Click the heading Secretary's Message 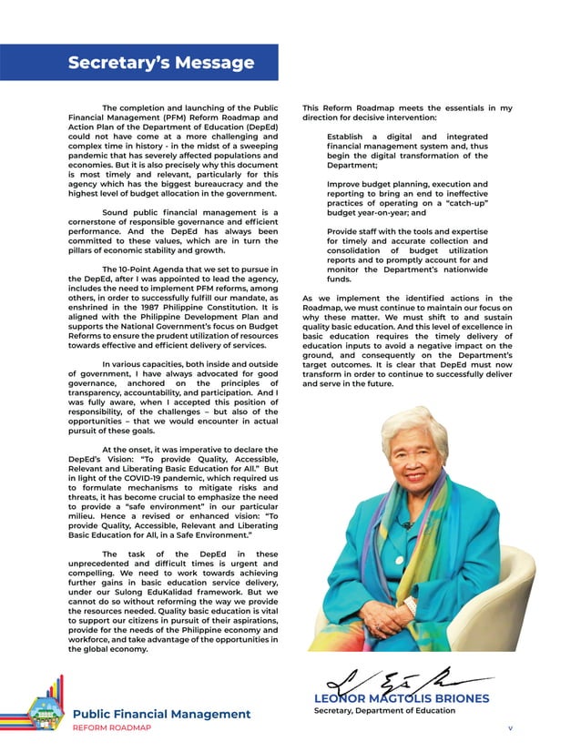click(161, 63)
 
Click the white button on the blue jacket click(398, 556)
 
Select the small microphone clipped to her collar click(406, 525)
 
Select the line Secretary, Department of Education click(384, 710)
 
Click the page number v click(511, 729)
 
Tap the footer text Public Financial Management click(161, 714)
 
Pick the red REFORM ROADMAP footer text click(112, 728)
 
